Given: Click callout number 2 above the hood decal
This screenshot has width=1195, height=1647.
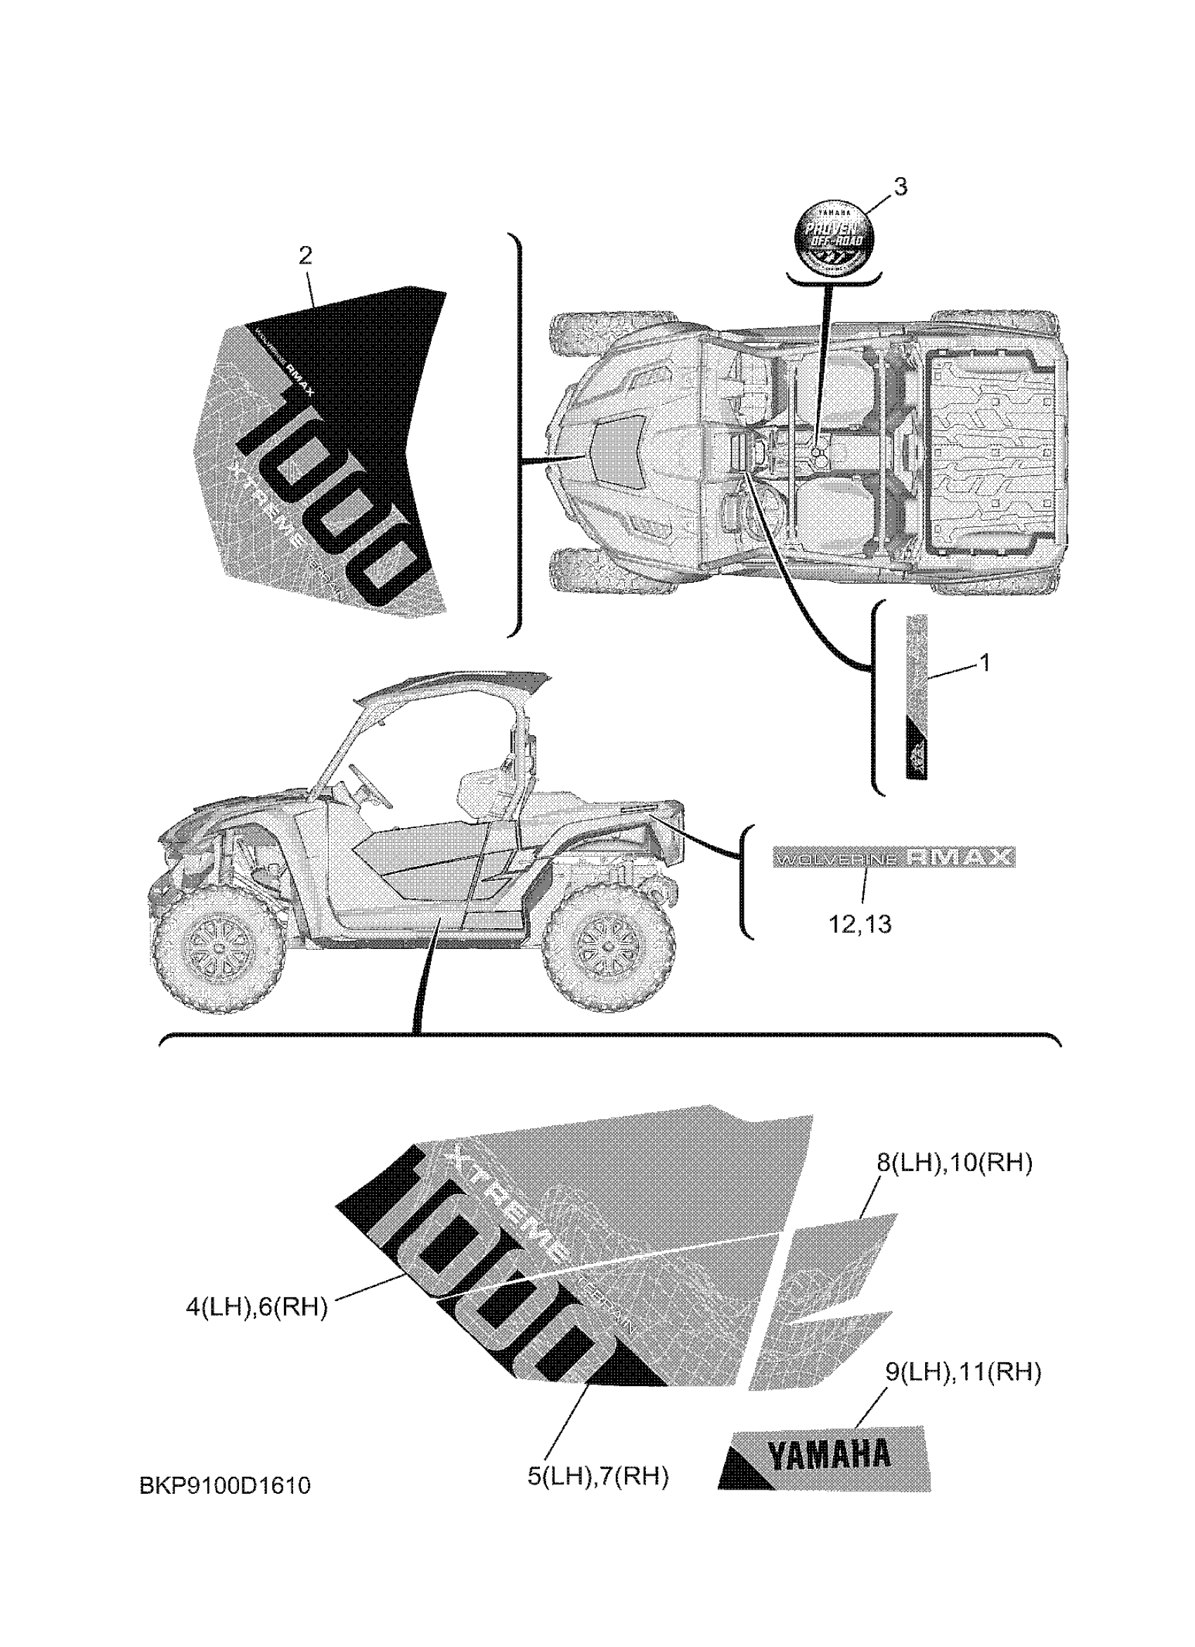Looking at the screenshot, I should click(x=305, y=255).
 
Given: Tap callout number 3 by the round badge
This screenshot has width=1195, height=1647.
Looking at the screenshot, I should click(x=900, y=186).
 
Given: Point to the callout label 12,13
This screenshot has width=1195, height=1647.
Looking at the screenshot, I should click(x=860, y=924).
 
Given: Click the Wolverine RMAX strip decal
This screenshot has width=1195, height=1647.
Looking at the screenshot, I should click(x=893, y=858).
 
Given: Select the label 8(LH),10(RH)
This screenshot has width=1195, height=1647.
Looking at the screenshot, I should click(x=954, y=1163).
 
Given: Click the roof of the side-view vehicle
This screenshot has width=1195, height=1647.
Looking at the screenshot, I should click(x=450, y=683).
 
